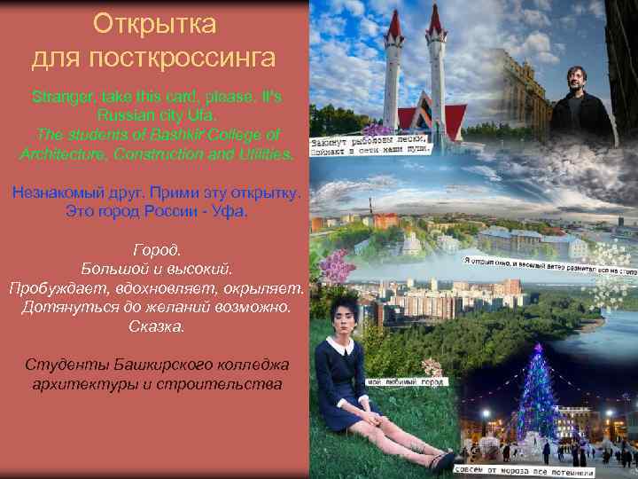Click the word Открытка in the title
click(x=154, y=21)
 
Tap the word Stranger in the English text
click(x=61, y=95)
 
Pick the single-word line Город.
click(x=155, y=251)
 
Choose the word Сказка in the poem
click(x=155, y=326)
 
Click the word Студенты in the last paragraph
click(x=66, y=365)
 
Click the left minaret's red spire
click(x=394, y=27)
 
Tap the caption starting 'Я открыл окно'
click(x=549, y=263)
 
